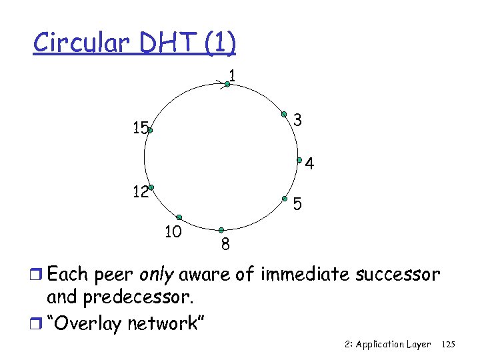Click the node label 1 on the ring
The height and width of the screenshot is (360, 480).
pos(231,73)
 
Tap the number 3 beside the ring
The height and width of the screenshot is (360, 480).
pos(298,121)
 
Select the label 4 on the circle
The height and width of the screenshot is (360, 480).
pos(310,164)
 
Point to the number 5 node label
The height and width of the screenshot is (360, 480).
pos(299,203)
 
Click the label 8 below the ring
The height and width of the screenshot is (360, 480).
pos(225,245)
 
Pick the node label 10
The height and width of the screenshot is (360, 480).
pos(173,232)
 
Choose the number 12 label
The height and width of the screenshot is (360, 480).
pos(140,193)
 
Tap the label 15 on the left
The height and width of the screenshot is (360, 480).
pos(140,129)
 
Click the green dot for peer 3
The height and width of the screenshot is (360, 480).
pos(283,114)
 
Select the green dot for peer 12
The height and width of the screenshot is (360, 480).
pos(151,187)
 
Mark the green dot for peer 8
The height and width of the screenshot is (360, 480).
pos(221,230)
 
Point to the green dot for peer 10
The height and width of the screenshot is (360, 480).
pos(179,217)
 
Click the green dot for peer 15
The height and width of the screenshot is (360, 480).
pos(151,132)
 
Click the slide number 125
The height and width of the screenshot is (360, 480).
pos(448,345)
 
